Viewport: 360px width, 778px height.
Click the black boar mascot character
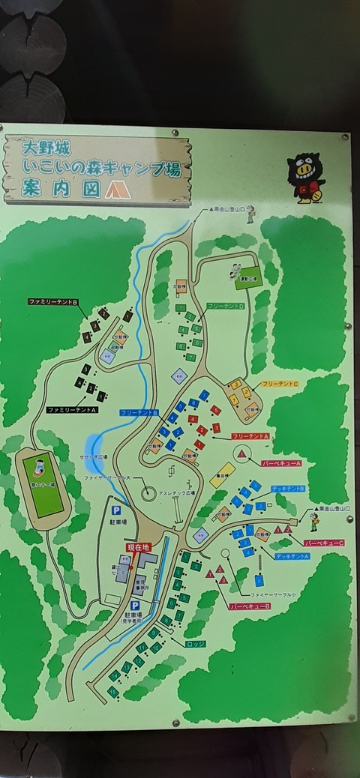(307, 178)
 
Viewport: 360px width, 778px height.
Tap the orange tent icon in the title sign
(117, 189)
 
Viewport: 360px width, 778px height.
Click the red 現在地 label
(139, 547)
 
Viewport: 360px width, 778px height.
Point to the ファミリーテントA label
(73, 410)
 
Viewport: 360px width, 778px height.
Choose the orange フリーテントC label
(280, 384)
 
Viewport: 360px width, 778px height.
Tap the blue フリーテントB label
(139, 413)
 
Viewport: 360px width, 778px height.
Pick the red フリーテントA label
(250, 435)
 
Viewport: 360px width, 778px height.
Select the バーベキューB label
(250, 604)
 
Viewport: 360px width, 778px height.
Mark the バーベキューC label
(324, 543)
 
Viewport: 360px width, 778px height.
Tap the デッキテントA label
(290, 556)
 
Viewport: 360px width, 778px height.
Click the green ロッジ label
(194, 643)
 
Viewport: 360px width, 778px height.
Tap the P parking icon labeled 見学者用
(135, 605)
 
